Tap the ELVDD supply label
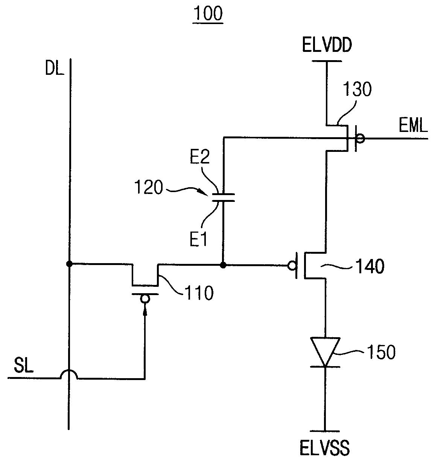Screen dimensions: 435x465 [x=327, y=45]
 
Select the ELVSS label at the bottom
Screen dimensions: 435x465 [x=324, y=448]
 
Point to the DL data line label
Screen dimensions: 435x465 [x=55, y=68]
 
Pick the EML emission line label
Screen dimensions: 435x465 [x=413, y=126]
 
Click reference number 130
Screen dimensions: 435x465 [x=357, y=89]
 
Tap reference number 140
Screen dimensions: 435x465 [x=370, y=267]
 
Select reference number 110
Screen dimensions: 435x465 [x=199, y=293]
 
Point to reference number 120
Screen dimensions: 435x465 [x=149, y=187]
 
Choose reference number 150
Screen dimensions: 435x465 [x=381, y=352]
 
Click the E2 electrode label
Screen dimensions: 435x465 [x=199, y=157]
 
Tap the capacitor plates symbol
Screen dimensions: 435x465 [x=223, y=198]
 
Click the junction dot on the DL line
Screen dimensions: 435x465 [x=69, y=264]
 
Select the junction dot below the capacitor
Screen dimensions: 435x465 [x=223, y=265]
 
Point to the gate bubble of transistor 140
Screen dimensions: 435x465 [x=292, y=266]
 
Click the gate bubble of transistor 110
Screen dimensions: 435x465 [x=145, y=299]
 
